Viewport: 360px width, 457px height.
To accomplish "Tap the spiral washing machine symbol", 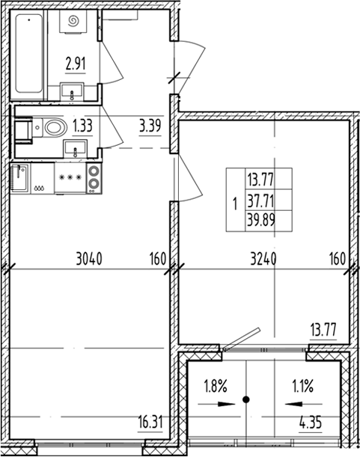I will pyautogui.click(x=74, y=24).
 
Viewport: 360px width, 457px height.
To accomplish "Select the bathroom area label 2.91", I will pyautogui.click(x=74, y=64).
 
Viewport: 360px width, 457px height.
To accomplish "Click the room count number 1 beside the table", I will pyautogui.click(x=235, y=201).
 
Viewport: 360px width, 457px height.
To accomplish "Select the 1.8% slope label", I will pyautogui.click(x=215, y=387).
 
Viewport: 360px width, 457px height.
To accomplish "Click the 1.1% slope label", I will pyautogui.click(x=302, y=387).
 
